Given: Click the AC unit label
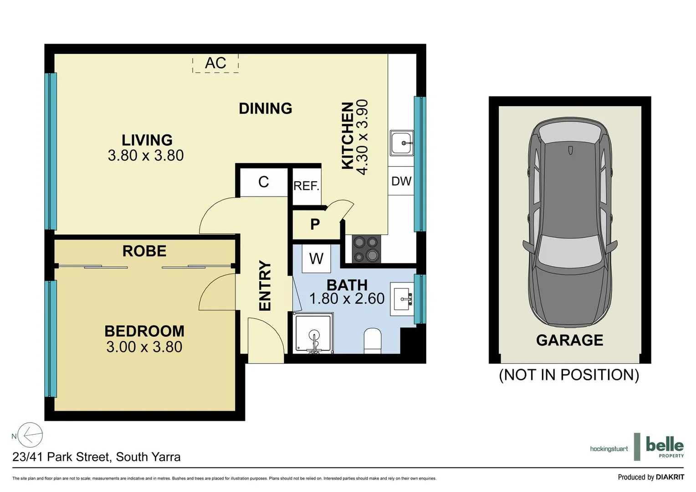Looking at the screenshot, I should (215, 63).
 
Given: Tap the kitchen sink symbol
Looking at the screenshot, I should (402, 143).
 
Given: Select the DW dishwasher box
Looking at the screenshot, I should (401, 181).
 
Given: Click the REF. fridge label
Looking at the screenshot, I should (306, 186).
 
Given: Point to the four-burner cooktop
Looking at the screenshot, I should (366, 249).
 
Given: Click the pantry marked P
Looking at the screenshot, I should (315, 224).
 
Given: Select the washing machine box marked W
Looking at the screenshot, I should (316, 259).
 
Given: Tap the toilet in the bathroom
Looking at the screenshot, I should (373, 341).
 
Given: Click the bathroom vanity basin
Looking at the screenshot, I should (402, 299).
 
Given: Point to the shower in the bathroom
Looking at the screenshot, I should (313, 333).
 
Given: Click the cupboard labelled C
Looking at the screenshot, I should (264, 182).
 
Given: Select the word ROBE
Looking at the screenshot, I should (144, 251).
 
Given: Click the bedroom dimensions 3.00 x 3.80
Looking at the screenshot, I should (144, 347).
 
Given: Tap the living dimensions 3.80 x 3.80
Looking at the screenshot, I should (146, 156).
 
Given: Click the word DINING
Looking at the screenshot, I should (266, 108).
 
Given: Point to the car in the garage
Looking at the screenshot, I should (569, 223).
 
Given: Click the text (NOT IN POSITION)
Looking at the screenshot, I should (569, 375).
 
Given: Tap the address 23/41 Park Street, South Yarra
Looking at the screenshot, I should (97, 457).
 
